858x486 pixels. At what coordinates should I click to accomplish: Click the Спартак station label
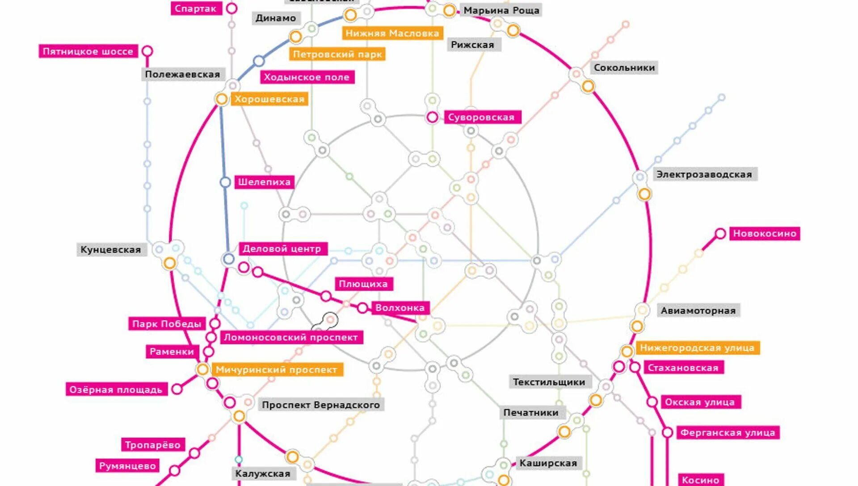(x=196, y=8)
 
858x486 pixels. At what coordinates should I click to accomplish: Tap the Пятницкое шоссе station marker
(x=147, y=51)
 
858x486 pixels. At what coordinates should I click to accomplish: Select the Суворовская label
(x=482, y=117)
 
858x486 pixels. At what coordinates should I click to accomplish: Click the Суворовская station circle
(x=432, y=117)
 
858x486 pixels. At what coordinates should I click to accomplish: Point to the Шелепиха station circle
(x=225, y=182)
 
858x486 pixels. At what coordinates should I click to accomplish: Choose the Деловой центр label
(x=282, y=249)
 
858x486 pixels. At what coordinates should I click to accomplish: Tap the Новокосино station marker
(x=720, y=234)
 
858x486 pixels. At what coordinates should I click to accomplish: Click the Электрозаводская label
(x=704, y=174)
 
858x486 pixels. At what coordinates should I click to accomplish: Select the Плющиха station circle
(x=326, y=296)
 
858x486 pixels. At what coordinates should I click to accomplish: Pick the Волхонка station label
(x=400, y=308)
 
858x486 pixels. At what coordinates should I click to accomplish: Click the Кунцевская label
(x=111, y=250)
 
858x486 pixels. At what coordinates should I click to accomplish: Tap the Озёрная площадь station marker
(x=177, y=389)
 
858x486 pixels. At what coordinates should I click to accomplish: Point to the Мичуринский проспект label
(x=276, y=370)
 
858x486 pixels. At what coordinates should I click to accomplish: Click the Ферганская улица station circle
(x=668, y=432)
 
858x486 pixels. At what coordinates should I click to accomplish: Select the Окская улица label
(x=700, y=402)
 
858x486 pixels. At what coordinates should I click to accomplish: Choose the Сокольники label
(x=624, y=68)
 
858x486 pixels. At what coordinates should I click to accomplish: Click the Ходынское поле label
(x=307, y=77)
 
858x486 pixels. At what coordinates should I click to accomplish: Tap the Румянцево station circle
(x=175, y=470)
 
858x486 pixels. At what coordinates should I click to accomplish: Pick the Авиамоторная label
(x=698, y=310)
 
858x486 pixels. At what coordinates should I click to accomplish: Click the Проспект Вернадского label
(x=321, y=405)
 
